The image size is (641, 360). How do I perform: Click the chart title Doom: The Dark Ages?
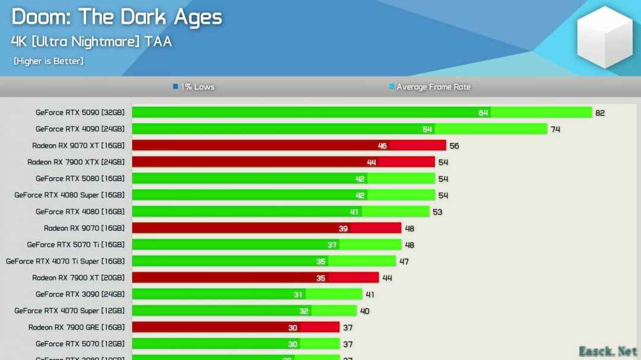tap(116, 17)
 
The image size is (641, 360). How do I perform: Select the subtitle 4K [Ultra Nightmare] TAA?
tap(91, 42)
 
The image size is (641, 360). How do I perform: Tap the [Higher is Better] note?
tap(49, 61)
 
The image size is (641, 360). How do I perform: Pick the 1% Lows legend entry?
tap(194, 87)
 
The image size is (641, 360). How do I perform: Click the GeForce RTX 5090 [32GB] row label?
tap(80, 112)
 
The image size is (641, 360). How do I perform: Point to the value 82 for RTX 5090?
tap(600, 113)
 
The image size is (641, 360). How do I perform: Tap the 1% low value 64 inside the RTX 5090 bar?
tap(483, 113)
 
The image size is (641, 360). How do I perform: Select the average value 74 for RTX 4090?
tap(555, 129)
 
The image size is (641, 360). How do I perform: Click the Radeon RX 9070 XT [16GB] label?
tap(78, 145)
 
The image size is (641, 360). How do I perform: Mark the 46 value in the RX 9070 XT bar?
tap(382, 146)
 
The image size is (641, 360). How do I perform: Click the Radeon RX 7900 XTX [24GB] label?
tap(76, 162)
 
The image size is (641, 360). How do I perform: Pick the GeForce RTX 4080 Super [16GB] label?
tap(69, 195)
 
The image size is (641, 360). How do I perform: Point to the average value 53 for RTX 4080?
tap(437, 212)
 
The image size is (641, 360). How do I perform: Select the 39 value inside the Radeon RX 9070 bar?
tap(343, 228)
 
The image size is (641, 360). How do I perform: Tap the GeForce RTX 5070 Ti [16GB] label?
tap(76, 244)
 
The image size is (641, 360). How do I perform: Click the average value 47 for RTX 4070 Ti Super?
tap(404, 262)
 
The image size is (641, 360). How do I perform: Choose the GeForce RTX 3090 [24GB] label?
tap(80, 294)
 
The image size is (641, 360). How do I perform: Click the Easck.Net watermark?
tap(608, 351)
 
